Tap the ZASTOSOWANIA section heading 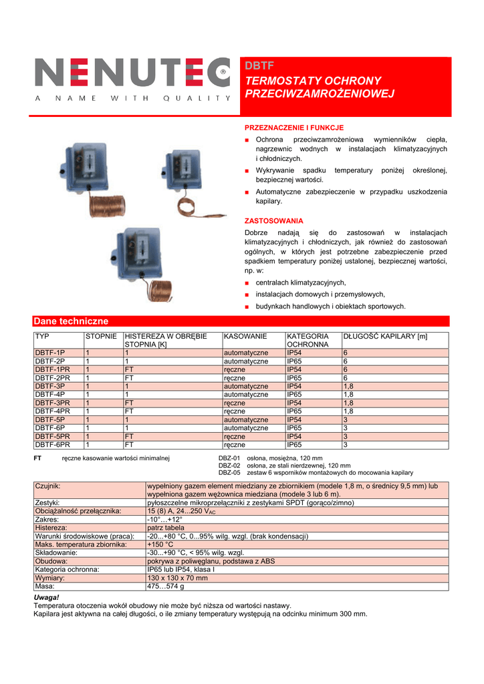coord(274,220)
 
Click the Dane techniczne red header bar coord(241,321)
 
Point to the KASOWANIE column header coord(245,336)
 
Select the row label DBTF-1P coord(50,353)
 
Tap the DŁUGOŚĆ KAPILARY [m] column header coord(385,336)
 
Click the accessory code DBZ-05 coord(229,473)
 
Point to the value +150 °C coord(160,544)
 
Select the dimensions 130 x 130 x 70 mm coord(177,578)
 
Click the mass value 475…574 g coord(165,586)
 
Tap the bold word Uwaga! coord(46,596)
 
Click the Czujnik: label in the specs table coord(47,486)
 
